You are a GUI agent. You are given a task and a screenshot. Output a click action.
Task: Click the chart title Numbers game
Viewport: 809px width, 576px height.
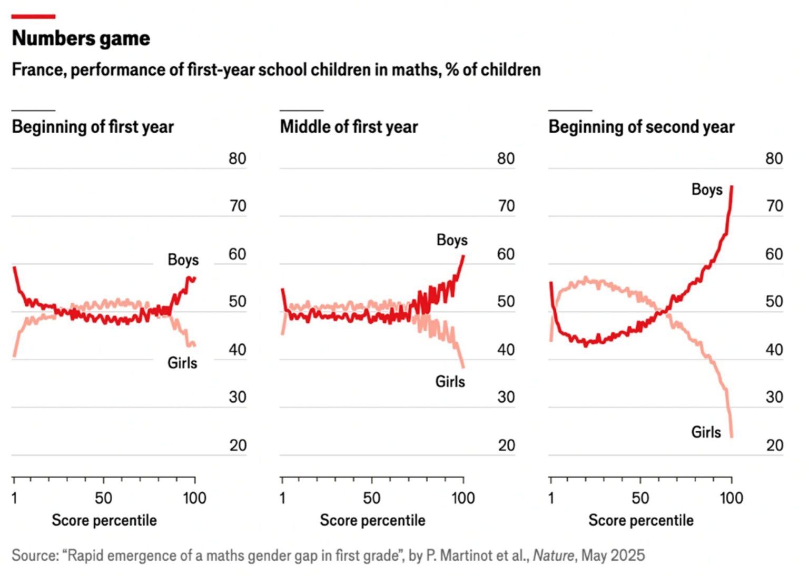coord(81,38)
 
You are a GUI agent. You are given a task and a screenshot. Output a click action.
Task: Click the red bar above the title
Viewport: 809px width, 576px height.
coord(33,17)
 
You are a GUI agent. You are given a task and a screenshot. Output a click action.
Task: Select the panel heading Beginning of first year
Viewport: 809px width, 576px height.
coord(93,127)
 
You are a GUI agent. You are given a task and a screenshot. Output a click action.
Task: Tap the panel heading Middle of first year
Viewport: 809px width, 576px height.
coord(349,127)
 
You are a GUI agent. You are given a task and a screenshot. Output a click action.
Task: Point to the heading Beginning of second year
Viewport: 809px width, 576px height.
coord(641,127)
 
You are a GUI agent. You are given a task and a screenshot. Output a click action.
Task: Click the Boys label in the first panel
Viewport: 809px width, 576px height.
coord(183,260)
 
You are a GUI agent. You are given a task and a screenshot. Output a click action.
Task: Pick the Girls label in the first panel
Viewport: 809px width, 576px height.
coord(182,363)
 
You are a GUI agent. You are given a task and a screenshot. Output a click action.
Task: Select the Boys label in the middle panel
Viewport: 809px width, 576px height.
coord(452,240)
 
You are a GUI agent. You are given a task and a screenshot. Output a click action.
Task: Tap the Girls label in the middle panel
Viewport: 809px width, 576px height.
coord(450,381)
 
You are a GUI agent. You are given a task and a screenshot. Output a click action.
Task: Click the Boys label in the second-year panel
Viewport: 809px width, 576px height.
coord(706,190)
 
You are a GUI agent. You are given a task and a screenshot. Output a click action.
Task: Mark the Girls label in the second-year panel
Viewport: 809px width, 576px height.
coord(706,432)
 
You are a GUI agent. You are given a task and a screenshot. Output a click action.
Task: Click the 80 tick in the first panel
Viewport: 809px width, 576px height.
coord(237,158)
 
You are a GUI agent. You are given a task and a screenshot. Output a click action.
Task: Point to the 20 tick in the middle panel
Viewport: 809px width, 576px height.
coord(506,445)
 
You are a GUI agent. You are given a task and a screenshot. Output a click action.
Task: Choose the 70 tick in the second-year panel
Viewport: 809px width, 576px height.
coord(774,206)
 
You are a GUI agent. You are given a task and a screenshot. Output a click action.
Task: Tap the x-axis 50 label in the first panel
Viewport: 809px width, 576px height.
coord(103,498)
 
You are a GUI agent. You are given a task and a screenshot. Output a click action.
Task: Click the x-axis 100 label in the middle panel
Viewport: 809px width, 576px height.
coord(463,498)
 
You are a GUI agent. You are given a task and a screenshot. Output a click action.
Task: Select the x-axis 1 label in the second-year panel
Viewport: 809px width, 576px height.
coord(551,498)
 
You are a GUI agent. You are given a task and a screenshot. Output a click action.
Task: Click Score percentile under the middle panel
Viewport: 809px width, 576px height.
coord(372,520)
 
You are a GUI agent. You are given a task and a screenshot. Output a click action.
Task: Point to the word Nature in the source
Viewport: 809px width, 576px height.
coord(553,555)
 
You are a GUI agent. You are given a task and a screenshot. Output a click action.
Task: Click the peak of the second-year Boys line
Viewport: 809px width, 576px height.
coord(732,187)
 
